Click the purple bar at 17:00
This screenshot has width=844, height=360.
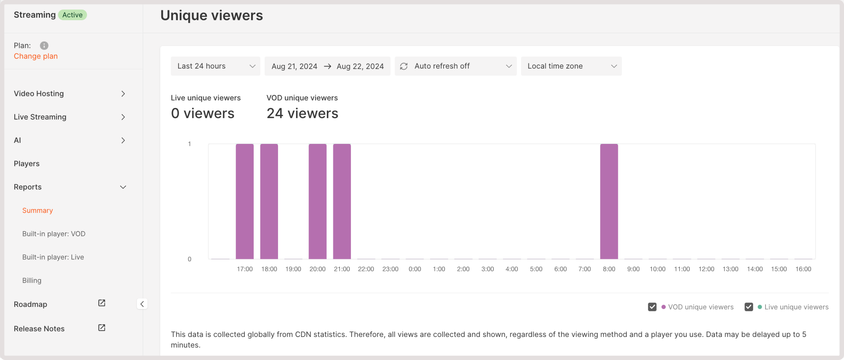click(244, 201)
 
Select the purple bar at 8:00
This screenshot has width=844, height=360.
click(609, 201)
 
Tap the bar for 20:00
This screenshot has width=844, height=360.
click(317, 201)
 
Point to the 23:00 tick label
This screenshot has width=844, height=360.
click(390, 269)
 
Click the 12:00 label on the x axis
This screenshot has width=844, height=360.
click(706, 269)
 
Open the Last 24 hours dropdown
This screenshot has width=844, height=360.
click(215, 66)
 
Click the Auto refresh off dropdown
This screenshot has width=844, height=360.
click(455, 66)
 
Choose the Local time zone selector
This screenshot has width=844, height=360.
click(571, 66)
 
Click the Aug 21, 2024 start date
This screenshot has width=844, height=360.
click(294, 66)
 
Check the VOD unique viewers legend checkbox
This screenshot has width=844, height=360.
click(652, 307)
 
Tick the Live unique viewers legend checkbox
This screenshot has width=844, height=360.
click(748, 307)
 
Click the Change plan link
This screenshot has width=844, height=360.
click(36, 56)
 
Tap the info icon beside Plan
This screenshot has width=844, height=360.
click(44, 46)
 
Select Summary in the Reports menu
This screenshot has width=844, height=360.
click(37, 210)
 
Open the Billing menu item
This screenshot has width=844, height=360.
click(32, 280)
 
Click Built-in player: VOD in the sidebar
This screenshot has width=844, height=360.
click(54, 234)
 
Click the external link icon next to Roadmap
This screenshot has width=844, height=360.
click(102, 303)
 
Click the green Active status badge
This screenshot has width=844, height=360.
click(72, 15)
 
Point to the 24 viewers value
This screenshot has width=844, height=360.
click(302, 113)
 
